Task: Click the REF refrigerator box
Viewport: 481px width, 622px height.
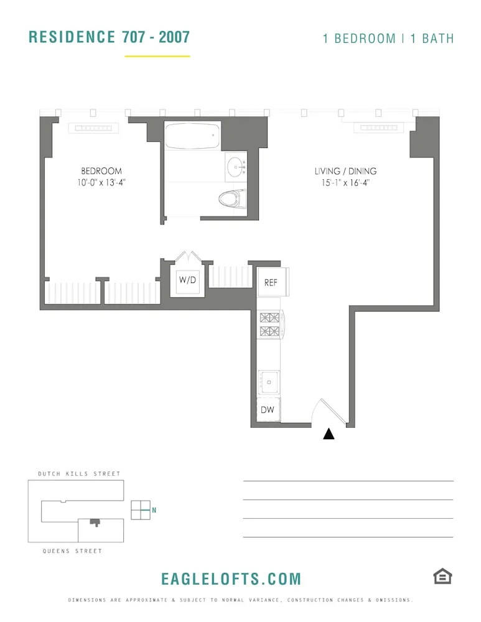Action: pyautogui.click(x=271, y=282)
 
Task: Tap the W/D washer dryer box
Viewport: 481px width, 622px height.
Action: pyautogui.click(x=187, y=280)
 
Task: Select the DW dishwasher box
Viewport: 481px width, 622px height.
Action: pyautogui.click(x=268, y=410)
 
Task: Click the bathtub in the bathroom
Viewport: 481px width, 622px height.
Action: pyautogui.click(x=192, y=135)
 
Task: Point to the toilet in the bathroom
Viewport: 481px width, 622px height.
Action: pyautogui.click(x=230, y=198)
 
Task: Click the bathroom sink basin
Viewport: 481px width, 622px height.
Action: pyautogui.click(x=236, y=165)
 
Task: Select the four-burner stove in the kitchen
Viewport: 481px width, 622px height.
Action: pyautogui.click(x=270, y=325)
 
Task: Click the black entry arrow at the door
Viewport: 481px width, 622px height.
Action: pyautogui.click(x=329, y=434)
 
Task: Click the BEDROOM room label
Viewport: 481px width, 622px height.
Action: pyautogui.click(x=101, y=171)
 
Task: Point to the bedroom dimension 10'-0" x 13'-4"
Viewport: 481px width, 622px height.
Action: pyautogui.click(x=101, y=182)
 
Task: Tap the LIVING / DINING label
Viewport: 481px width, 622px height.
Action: pyautogui.click(x=345, y=171)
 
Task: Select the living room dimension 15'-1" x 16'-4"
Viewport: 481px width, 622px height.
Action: pyautogui.click(x=345, y=182)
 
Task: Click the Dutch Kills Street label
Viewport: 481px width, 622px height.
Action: pyautogui.click(x=79, y=474)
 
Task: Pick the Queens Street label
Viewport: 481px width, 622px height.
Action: pyautogui.click(x=72, y=551)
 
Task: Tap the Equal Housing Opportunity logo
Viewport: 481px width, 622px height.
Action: pyautogui.click(x=442, y=577)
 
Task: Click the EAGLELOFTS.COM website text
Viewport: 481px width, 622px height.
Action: pyautogui.click(x=231, y=579)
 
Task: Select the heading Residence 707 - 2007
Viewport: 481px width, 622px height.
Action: pyautogui.click(x=110, y=37)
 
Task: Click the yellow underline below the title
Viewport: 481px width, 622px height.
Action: pyautogui.click(x=157, y=57)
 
